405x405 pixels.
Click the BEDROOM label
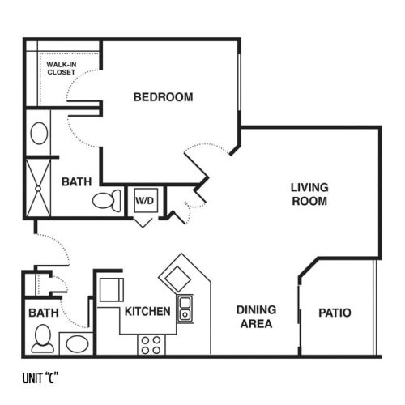tap(164, 97)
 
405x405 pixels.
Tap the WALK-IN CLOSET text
tap(62, 68)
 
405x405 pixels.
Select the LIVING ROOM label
tap(309, 194)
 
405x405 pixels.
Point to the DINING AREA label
tap(256, 317)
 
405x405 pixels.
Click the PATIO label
tap(335, 313)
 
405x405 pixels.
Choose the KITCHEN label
tap(147, 311)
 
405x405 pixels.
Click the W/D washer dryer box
tap(146, 200)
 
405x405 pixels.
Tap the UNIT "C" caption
tap(40, 377)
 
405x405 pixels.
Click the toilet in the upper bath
tap(107, 200)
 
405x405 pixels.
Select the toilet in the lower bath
tap(43, 339)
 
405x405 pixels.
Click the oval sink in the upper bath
tap(39, 133)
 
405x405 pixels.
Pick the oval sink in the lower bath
tap(77, 343)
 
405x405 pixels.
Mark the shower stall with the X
tap(38, 188)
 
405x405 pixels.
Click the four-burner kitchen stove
tap(151, 345)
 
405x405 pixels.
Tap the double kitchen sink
tap(185, 309)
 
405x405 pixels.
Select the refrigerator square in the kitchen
tap(112, 290)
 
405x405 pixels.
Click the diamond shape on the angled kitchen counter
tap(177, 279)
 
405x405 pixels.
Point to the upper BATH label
tap(77, 181)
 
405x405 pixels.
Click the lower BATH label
tap(44, 313)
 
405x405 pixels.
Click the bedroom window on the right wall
tap(239, 83)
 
